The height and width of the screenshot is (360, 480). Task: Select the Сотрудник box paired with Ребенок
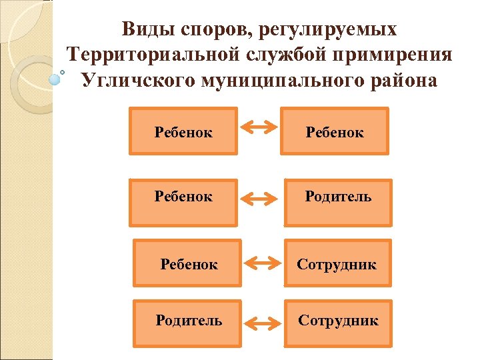point(337,264)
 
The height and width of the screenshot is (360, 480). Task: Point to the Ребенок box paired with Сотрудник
point(188,264)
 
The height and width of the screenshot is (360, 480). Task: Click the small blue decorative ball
point(55,78)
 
